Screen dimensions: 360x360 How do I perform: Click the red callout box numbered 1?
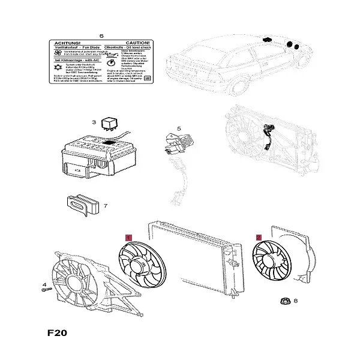click(128, 238)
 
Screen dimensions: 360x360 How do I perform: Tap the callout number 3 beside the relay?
click(94, 123)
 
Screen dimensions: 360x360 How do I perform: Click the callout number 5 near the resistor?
click(178, 129)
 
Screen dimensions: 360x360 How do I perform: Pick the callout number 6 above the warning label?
click(101, 37)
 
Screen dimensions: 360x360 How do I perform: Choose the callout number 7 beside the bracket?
click(105, 206)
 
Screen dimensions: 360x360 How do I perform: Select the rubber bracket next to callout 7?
click(81, 205)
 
